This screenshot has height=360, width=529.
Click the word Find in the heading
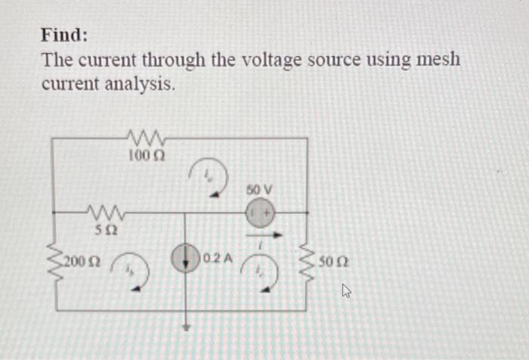[64, 35]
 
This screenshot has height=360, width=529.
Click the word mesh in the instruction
[438, 59]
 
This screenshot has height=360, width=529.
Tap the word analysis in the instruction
[137, 85]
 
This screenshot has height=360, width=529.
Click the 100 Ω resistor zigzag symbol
[147, 138]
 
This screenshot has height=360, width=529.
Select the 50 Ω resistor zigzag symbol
[308, 261]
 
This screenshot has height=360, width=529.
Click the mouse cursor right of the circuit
[348, 290]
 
